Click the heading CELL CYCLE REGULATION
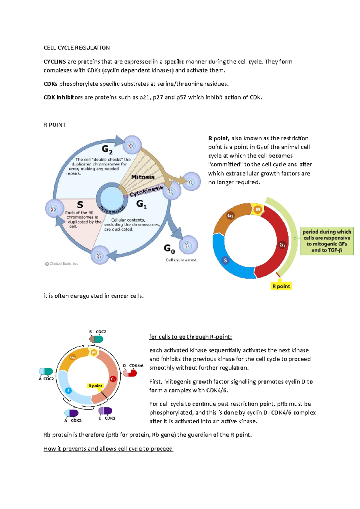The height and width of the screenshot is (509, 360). coord(76,48)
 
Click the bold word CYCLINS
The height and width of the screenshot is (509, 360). coord(55,62)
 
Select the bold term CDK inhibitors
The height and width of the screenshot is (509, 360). coord(63,97)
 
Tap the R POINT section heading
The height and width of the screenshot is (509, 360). coord(55,125)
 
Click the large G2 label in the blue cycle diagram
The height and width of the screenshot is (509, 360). coord(107,149)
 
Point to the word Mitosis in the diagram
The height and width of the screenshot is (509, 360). coord(143,177)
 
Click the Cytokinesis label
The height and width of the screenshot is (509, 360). coord(146,191)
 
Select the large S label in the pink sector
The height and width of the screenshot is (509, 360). coord(80,204)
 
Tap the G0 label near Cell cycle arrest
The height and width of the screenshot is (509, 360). coord(169,249)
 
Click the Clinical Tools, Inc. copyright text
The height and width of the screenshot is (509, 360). coord(61,264)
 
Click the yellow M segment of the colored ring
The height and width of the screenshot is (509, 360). coord(257,209)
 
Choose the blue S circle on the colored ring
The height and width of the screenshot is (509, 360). coord(225,260)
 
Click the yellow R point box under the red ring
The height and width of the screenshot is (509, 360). coord(281,286)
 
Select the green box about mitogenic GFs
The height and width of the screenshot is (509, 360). coord(327,241)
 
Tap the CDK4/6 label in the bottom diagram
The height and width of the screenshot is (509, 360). coord(136,366)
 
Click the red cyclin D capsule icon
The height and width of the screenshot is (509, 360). coord(130,373)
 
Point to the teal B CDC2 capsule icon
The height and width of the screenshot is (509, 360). coord(96,339)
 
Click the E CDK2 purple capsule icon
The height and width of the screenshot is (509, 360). coord(105,411)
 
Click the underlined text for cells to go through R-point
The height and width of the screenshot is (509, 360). coord(190,337)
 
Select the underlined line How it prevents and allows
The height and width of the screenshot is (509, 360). coord(108,449)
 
